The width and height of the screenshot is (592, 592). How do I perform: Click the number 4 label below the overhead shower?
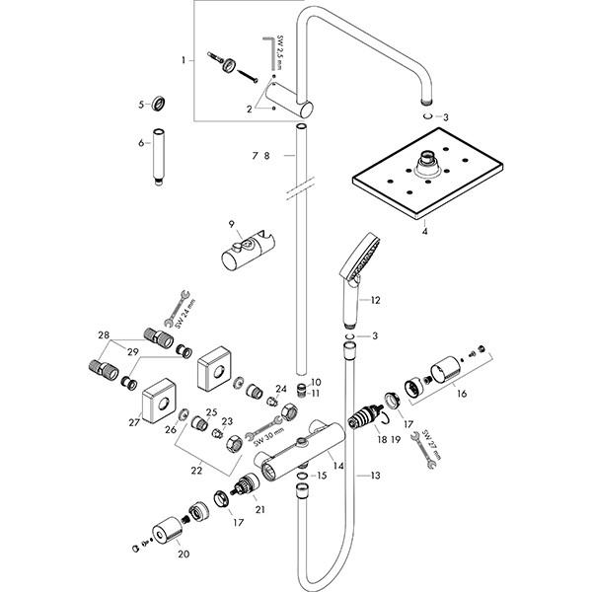point(423,234)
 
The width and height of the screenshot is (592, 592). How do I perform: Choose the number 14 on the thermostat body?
point(337,466)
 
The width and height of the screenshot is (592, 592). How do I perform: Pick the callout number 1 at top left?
point(184,61)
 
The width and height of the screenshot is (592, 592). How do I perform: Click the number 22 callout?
point(197,472)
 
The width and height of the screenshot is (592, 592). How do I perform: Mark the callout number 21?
point(259,509)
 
